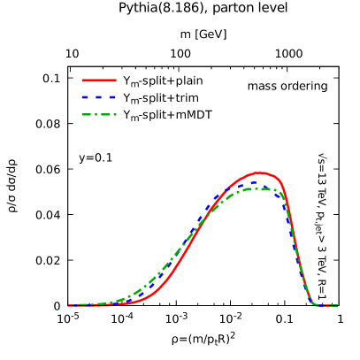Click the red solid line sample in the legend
(99, 80)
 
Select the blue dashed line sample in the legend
(99, 97)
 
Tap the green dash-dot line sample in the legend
(99, 114)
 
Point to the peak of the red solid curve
(259, 172)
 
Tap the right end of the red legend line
(115, 80)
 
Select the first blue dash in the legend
(85, 97)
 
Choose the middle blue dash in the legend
(99, 97)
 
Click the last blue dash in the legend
(112, 97)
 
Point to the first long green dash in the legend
(88, 114)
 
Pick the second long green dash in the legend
(107, 114)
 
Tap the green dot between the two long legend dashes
(98, 114)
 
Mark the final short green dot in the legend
(115, 114)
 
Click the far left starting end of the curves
(70, 305)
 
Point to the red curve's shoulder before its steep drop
(280, 182)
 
